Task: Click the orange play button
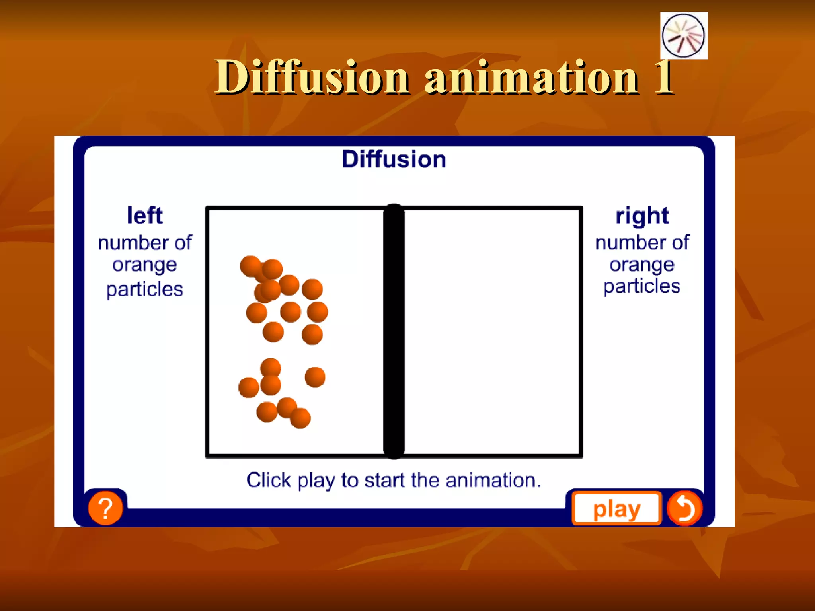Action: pyautogui.click(x=616, y=509)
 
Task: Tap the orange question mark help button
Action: pyautogui.click(x=105, y=508)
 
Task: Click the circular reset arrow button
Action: pyautogui.click(x=684, y=508)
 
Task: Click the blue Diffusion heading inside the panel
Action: pyautogui.click(x=394, y=160)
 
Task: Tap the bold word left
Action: pyautogui.click(x=145, y=216)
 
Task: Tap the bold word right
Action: pyautogui.click(x=642, y=216)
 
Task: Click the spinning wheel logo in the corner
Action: pyautogui.click(x=683, y=35)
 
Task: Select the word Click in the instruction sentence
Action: pyautogui.click(x=269, y=480)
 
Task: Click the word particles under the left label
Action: pyautogui.click(x=145, y=289)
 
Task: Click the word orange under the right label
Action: pyautogui.click(x=642, y=265)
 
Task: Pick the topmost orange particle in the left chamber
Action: pyautogui.click(x=251, y=266)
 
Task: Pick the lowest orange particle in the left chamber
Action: pyautogui.click(x=300, y=418)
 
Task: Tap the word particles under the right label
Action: pyautogui.click(x=642, y=286)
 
